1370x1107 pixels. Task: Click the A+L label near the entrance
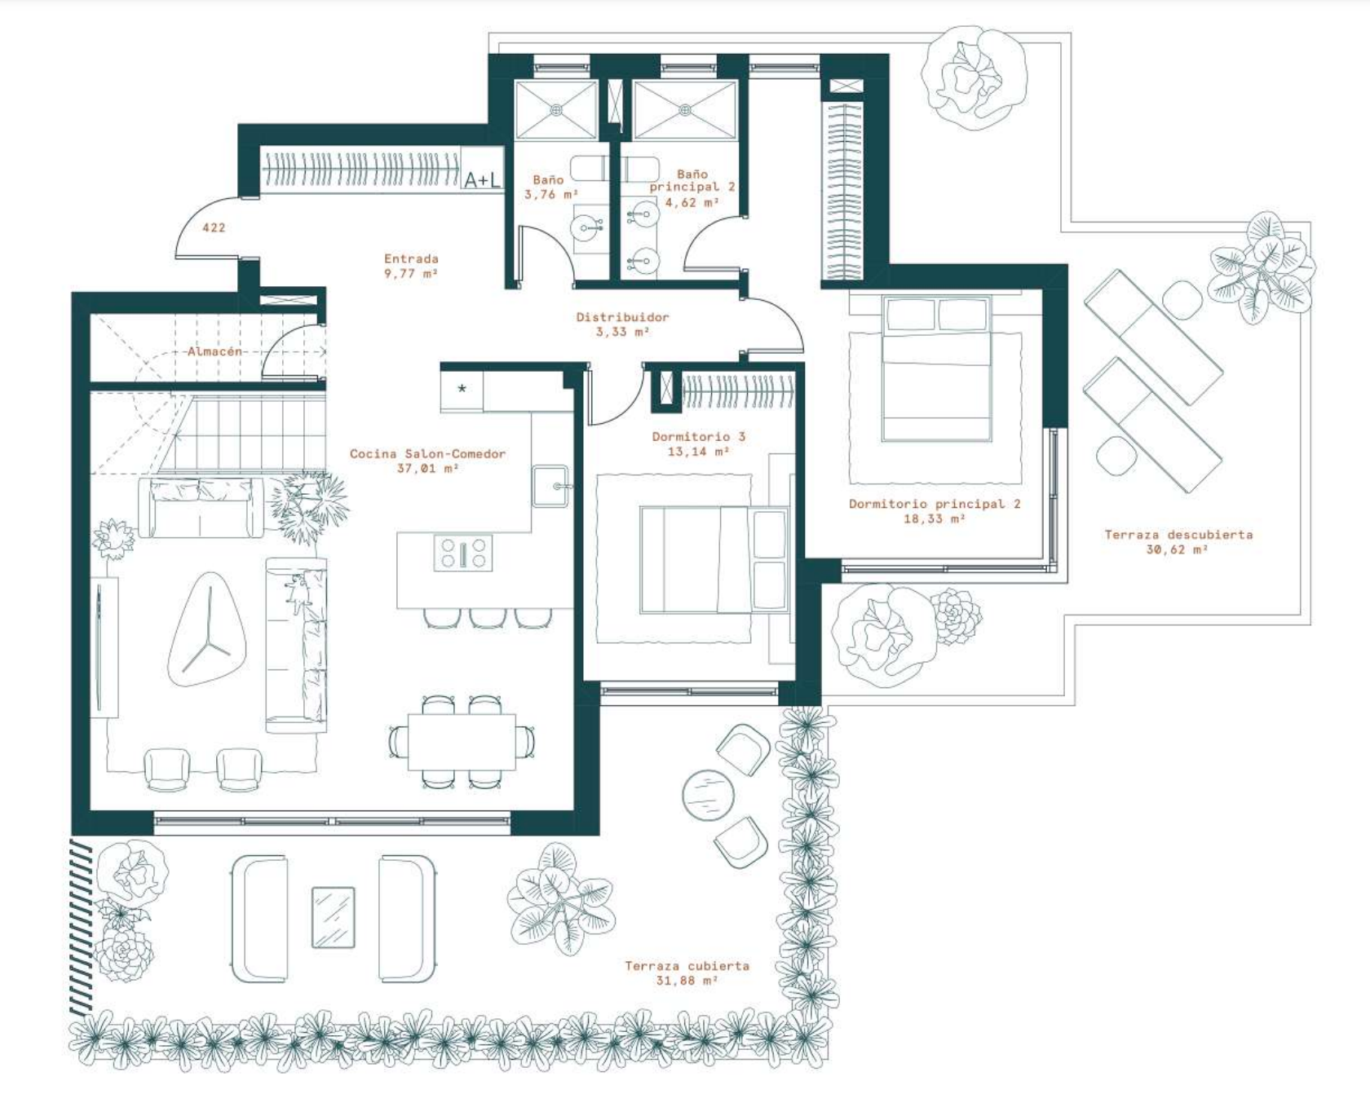coord(482,179)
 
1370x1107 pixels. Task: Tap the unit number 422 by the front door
coord(214,227)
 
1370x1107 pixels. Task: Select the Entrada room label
coord(412,258)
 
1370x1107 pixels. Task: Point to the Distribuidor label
coord(622,317)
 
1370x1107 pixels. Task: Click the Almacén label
coord(215,351)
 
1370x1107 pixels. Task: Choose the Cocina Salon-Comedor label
coord(427,453)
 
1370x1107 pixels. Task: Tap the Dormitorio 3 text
coord(699,436)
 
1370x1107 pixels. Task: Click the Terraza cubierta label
coord(687,965)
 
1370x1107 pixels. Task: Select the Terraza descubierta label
coord(1178,535)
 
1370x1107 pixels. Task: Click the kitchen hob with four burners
coord(463,553)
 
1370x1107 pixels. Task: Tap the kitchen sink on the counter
coord(551,486)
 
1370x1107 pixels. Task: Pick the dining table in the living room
coord(462,742)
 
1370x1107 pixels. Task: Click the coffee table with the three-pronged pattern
coord(207,628)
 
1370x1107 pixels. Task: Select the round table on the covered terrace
coord(708,795)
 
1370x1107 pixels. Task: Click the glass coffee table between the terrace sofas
coord(334,917)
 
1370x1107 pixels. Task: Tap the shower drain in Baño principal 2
coord(685,109)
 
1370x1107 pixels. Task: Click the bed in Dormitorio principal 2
coord(936,369)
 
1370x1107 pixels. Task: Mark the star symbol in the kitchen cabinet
coord(462,388)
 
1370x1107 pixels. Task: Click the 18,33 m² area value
coord(935,518)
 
